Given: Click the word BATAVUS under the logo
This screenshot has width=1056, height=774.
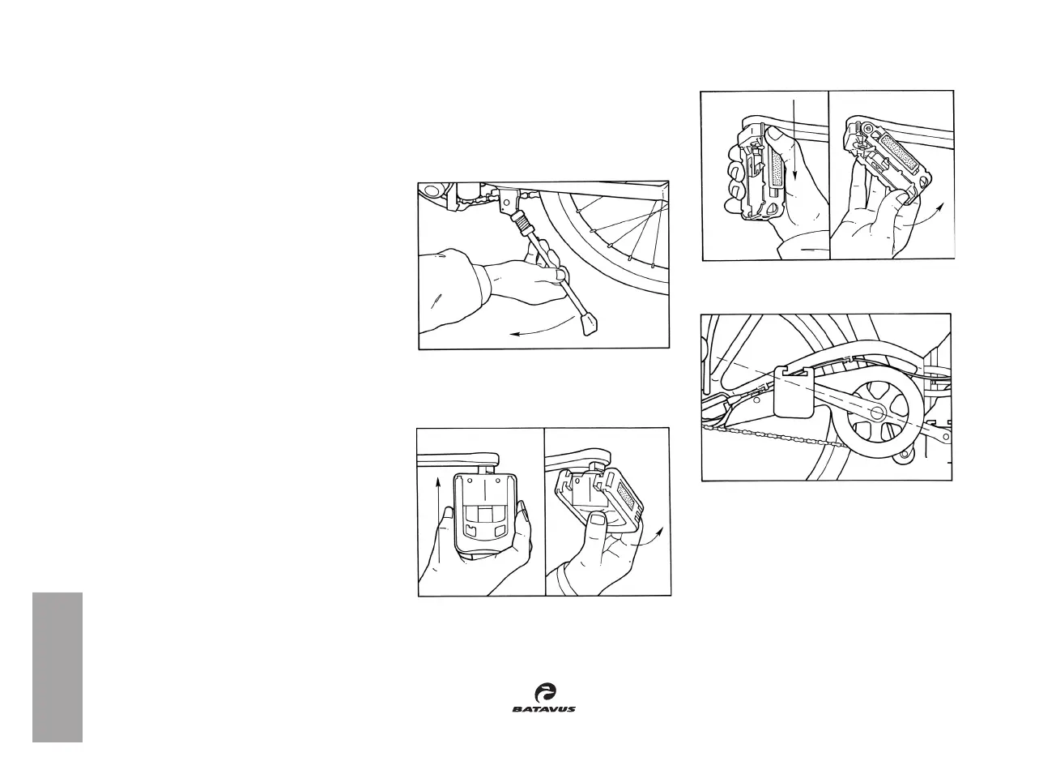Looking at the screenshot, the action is click(x=543, y=709).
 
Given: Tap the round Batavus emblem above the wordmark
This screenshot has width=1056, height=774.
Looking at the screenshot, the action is click(x=545, y=692).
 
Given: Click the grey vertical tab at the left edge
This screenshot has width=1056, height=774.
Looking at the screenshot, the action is click(x=57, y=666).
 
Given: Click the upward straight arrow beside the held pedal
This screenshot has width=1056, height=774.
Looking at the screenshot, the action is click(x=436, y=519).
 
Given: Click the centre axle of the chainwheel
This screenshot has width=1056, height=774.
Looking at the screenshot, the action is click(x=876, y=411).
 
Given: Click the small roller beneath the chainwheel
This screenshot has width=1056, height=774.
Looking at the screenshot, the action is click(x=903, y=459).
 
